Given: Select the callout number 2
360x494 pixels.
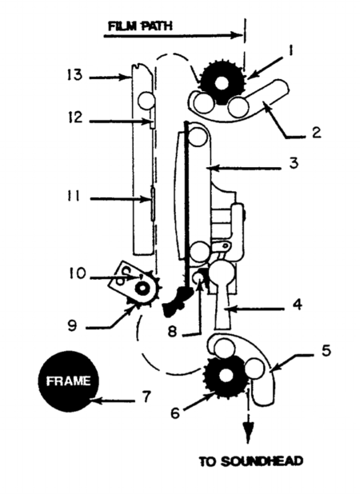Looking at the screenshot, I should coord(316,133).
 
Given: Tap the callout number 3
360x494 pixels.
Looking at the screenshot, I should coord(294,164).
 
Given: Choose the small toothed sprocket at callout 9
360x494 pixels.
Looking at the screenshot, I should coord(144,285).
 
